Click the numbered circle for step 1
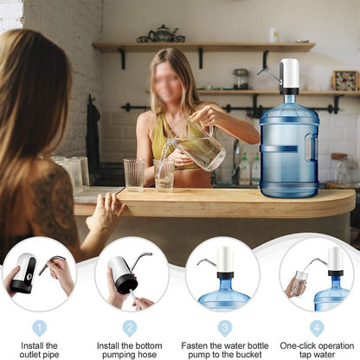tap(39, 327)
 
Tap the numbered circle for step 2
tap(130, 327)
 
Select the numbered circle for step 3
tap(225, 327)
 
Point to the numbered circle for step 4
tap(317, 327)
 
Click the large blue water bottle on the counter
tap(289, 143)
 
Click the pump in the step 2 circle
tap(122, 273)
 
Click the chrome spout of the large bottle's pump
tap(268, 74)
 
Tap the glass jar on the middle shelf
tap(241, 79)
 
